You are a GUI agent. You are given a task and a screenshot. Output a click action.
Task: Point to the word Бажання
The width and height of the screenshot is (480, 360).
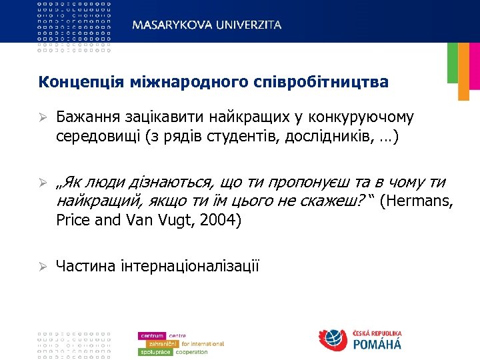coord(85,118)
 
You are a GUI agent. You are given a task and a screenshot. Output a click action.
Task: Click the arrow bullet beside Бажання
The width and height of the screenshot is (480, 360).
coord(41,118)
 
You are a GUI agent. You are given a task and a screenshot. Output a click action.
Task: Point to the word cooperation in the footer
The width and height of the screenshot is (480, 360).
coord(191,351)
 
